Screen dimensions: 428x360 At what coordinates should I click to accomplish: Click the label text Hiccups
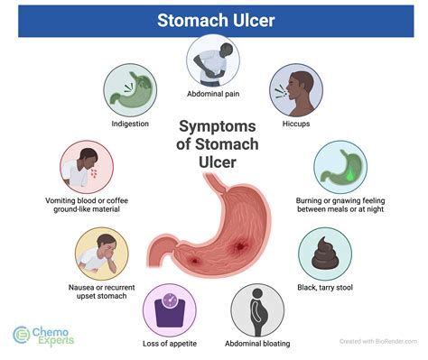[x=295, y=125]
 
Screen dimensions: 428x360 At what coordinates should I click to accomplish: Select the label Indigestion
[x=130, y=125]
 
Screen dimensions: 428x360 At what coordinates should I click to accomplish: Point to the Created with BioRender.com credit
[x=379, y=341]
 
